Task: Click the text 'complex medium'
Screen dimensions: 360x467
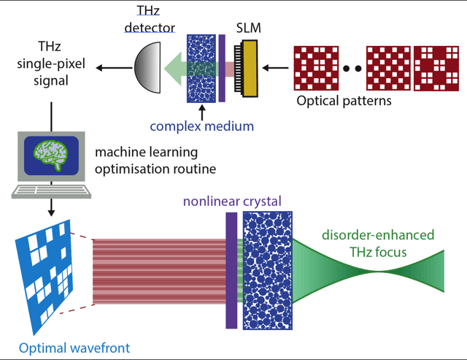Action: [202, 126]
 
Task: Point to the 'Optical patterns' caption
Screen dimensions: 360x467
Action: [344, 101]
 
